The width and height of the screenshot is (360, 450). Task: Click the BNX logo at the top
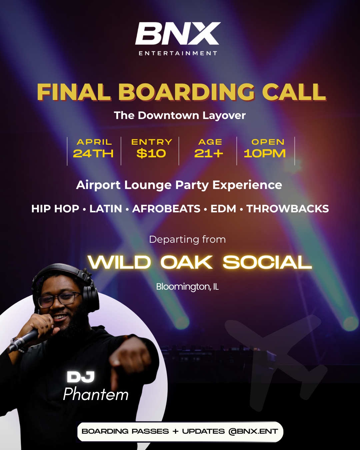coord(178,34)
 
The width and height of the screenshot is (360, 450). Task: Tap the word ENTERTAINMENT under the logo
coord(178,53)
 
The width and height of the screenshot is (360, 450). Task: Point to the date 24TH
coord(93,154)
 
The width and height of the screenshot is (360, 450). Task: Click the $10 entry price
coord(151,154)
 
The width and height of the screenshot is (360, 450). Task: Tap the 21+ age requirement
coord(209,154)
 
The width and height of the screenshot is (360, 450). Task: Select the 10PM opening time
coord(265,154)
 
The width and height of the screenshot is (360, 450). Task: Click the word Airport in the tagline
coord(98,185)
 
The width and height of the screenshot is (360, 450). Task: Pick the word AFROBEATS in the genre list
coord(166,209)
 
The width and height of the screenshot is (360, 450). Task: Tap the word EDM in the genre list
coord(223,209)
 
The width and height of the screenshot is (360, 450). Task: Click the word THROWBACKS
coord(288,209)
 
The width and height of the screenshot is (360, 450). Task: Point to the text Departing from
coord(187,239)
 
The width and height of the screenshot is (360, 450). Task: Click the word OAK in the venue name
coord(187,263)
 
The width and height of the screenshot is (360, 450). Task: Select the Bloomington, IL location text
coord(187,287)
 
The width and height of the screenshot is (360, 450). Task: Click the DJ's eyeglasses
coord(60,299)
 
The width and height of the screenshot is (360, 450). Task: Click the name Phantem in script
coord(96,395)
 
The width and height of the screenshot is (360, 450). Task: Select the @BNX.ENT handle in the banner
coord(253,431)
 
